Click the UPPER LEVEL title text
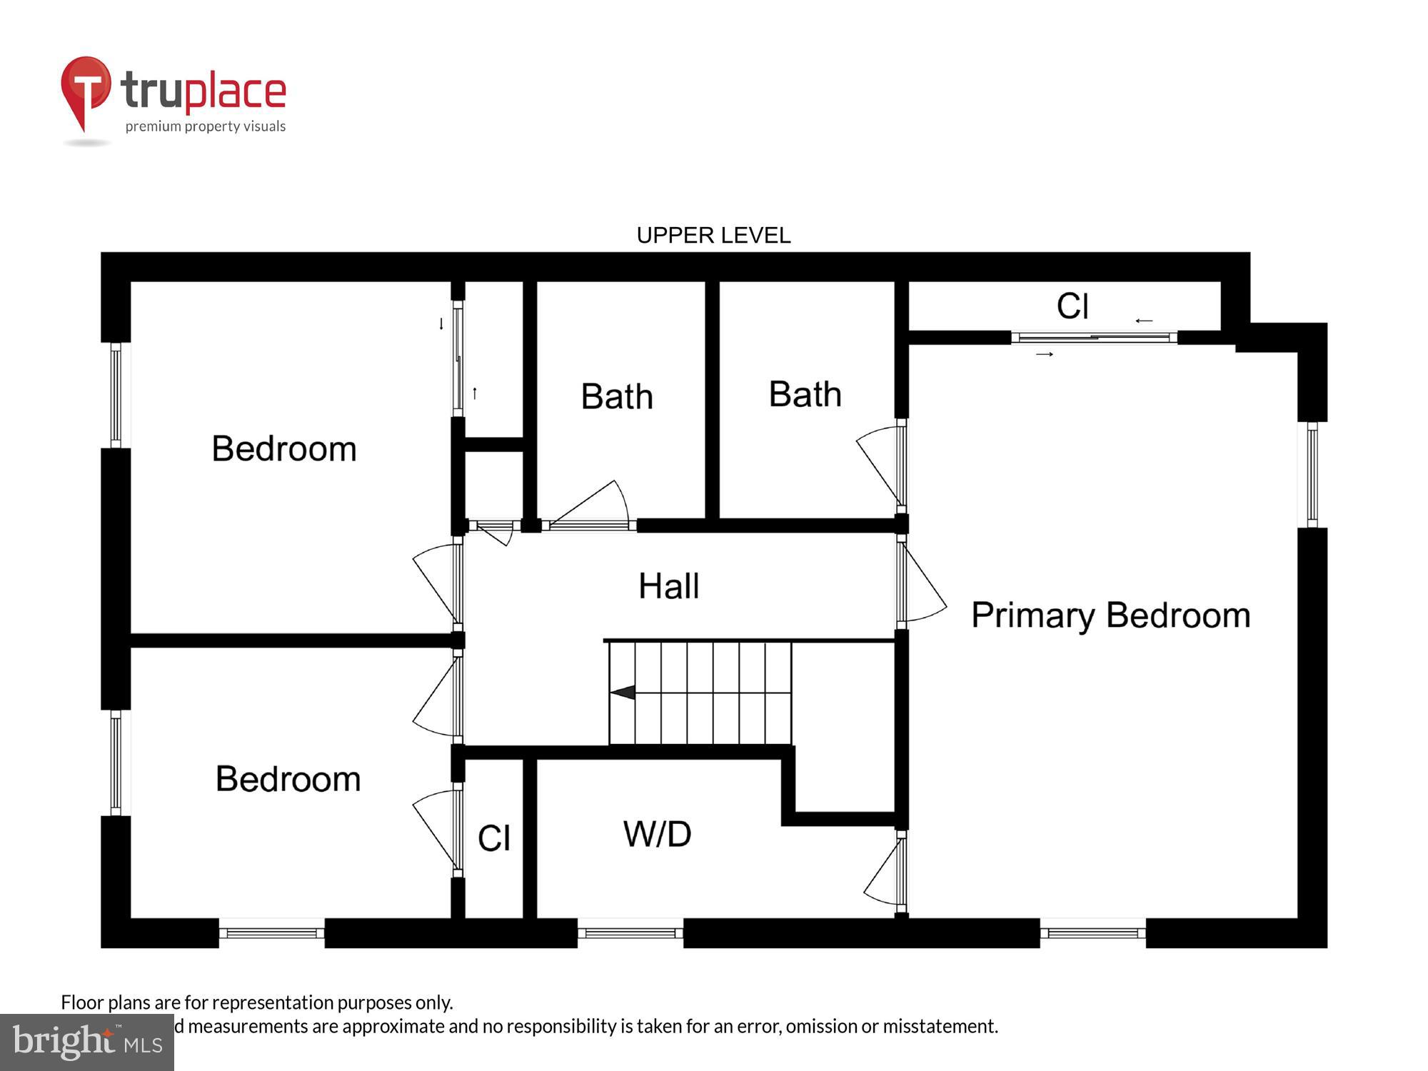(713, 235)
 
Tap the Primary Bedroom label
(1110, 615)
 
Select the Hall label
(668, 586)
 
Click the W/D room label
(657, 834)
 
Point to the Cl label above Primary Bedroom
(1072, 306)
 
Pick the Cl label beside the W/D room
(494, 838)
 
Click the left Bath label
(617, 396)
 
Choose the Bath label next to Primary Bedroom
(805, 394)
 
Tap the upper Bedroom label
(284, 449)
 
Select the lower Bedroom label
(288, 779)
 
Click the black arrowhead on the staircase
(623, 693)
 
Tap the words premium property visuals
(206, 126)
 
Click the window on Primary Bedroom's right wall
(1312, 475)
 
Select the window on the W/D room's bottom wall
(630, 932)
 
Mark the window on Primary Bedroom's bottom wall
(1092, 932)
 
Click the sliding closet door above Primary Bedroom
(1094, 338)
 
